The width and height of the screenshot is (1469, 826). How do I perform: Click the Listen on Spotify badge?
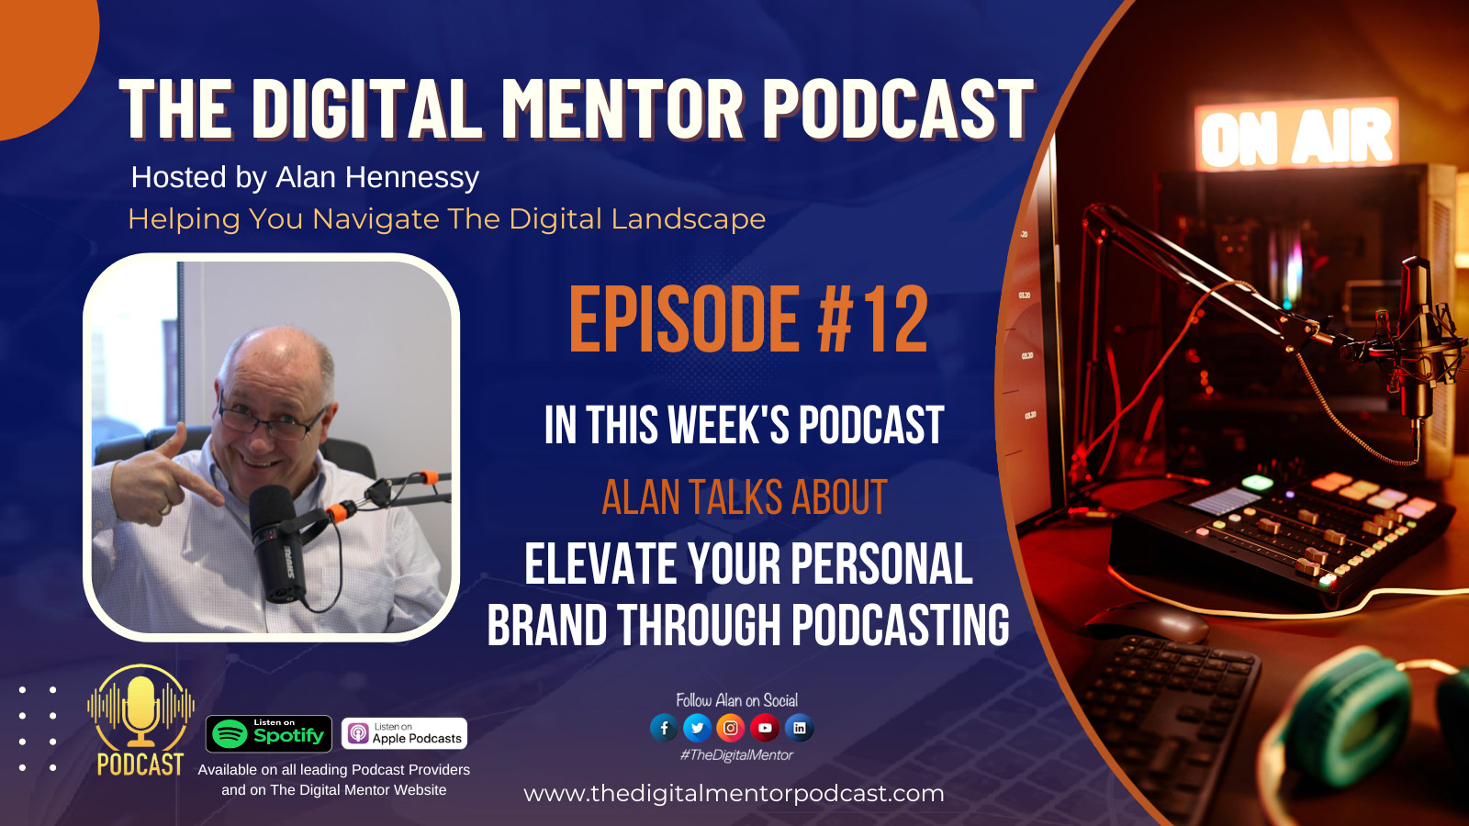(x=269, y=733)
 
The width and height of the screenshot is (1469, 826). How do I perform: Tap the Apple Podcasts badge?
(x=404, y=733)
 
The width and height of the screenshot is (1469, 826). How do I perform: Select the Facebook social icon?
(x=664, y=728)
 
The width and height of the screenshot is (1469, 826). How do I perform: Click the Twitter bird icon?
(x=697, y=728)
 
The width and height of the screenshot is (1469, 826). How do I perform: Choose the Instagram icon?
(x=731, y=728)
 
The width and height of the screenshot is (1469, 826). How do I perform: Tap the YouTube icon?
(x=765, y=728)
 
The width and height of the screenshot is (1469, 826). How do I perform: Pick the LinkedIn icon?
(x=800, y=728)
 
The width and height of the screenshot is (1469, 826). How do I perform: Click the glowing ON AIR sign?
(x=1295, y=135)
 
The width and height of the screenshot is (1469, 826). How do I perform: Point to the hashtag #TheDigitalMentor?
(x=735, y=755)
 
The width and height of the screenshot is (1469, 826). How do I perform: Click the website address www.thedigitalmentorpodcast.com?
(x=734, y=794)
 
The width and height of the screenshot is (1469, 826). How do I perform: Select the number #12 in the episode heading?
(x=873, y=320)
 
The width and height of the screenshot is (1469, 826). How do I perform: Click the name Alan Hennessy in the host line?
(x=377, y=178)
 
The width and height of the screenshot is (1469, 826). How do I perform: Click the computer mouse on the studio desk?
(x=1149, y=623)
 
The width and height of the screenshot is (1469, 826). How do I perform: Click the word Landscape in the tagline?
(x=688, y=219)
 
